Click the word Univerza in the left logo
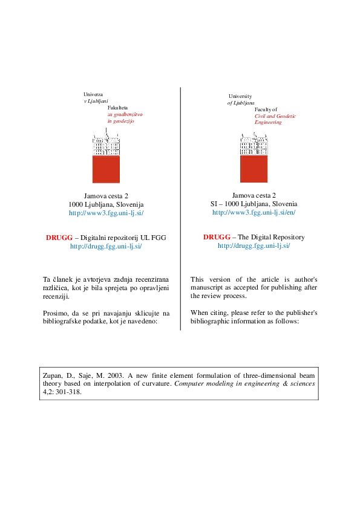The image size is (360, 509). [93, 95]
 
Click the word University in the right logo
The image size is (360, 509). [240, 97]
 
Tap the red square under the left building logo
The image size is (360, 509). [106, 169]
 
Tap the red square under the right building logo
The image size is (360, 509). [254, 169]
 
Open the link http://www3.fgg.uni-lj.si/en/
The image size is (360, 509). [254, 213]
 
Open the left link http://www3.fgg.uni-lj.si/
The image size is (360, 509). [106, 213]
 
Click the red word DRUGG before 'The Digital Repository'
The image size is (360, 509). [216, 237]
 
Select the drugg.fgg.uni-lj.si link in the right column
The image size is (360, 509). [254, 245]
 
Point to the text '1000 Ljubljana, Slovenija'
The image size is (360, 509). [106, 205]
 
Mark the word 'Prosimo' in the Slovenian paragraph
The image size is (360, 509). [57, 313]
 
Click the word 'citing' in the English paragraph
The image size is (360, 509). [221, 313]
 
